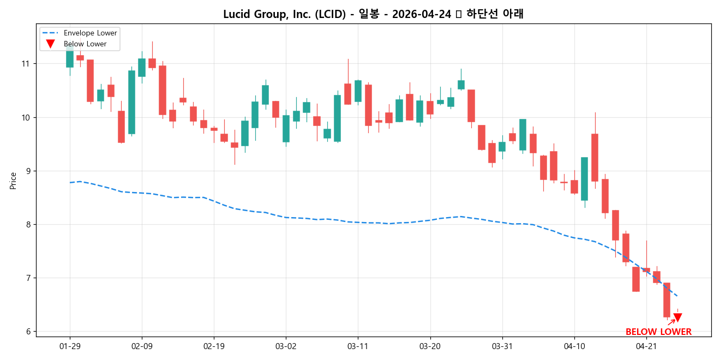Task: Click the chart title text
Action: coord(373,14)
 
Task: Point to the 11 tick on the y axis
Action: coord(25,64)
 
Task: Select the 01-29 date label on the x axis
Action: coord(70,346)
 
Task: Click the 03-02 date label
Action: coord(286,346)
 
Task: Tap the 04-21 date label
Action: coord(646,346)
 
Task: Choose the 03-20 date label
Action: coord(430,346)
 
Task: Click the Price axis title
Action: coord(13,181)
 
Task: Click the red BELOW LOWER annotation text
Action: coord(658,332)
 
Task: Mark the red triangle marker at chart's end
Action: coord(677,317)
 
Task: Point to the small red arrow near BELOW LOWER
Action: coord(671,322)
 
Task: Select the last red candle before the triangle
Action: coord(667,299)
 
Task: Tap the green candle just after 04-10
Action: coord(584,178)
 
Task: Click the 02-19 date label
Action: coord(214,346)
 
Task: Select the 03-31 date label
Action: coord(502,346)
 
